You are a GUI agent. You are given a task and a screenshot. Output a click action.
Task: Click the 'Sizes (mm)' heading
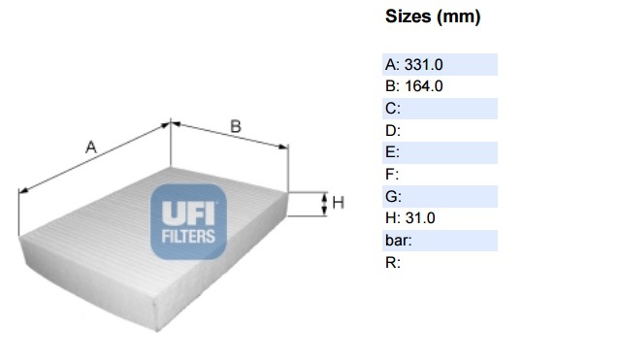433,17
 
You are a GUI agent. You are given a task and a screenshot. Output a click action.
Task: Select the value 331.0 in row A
423,65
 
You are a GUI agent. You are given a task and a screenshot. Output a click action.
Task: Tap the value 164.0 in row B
423,86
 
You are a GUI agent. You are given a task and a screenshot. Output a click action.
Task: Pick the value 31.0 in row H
420,217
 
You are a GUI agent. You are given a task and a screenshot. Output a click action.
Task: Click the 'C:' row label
392,109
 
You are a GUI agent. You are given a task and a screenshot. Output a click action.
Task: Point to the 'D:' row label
392,130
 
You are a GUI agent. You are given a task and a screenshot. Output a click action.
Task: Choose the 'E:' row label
392,152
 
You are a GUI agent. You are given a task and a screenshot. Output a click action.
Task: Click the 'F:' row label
392,174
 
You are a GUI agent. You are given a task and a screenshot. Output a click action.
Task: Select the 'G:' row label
393,196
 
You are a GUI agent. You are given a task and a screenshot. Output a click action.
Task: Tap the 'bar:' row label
399,241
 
